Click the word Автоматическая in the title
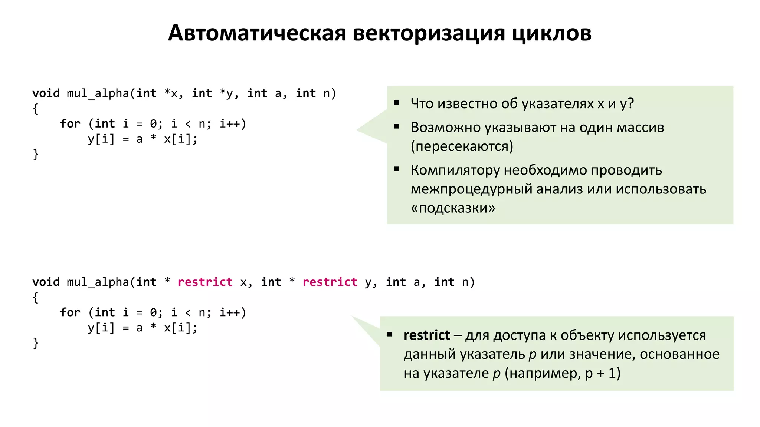coord(257,33)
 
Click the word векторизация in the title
coord(429,33)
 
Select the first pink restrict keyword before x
coord(205,282)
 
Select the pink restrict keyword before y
coord(330,282)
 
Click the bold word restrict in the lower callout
coord(427,335)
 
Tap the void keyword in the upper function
coord(46,93)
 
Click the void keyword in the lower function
coord(46,282)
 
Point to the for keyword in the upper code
coord(70,124)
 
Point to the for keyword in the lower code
coord(70,312)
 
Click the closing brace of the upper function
coord(36,154)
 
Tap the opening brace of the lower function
coord(36,297)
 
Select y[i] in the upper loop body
coord(101,139)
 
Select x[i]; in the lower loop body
coord(181,328)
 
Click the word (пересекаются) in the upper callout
coord(462,146)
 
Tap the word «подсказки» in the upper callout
coord(453,208)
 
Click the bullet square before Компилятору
coord(397,169)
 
